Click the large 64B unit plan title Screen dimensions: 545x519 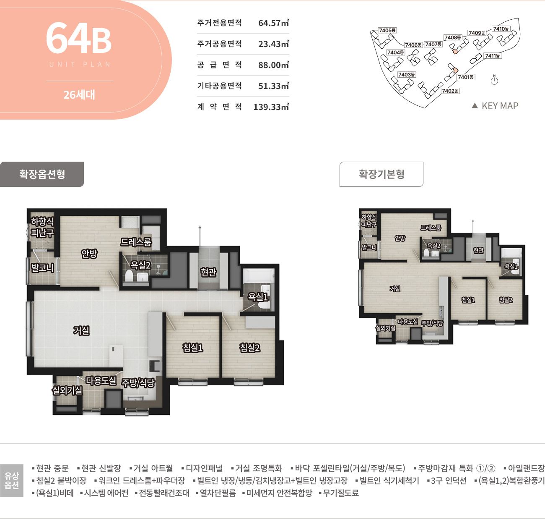coord(79,38)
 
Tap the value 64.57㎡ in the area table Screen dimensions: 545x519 coord(274,23)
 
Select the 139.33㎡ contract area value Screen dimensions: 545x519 coord(271,107)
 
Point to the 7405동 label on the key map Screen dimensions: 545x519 coord(387,30)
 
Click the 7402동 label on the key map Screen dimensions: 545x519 coord(450,91)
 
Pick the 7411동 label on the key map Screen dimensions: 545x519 coord(492,55)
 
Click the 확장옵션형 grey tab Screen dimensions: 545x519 coord(42,174)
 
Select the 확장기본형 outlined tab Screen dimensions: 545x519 coord(381,174)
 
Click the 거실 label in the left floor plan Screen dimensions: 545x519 coord(81,330)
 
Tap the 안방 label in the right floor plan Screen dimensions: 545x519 coord(400,238)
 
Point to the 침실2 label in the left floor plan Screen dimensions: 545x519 coord(250,347)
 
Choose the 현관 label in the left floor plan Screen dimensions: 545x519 coord(208,272)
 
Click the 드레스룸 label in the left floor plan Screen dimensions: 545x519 coord(136,242)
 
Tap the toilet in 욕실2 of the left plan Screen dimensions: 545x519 coord(128,276)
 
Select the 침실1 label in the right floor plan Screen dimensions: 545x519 coord(468,300)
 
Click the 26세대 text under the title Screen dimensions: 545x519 coord(79,95)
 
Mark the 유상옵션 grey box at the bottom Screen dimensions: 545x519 coord(12,481)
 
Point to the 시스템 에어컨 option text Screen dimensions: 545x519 coord(106,493)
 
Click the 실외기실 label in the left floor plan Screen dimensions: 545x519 coord(67,390)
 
